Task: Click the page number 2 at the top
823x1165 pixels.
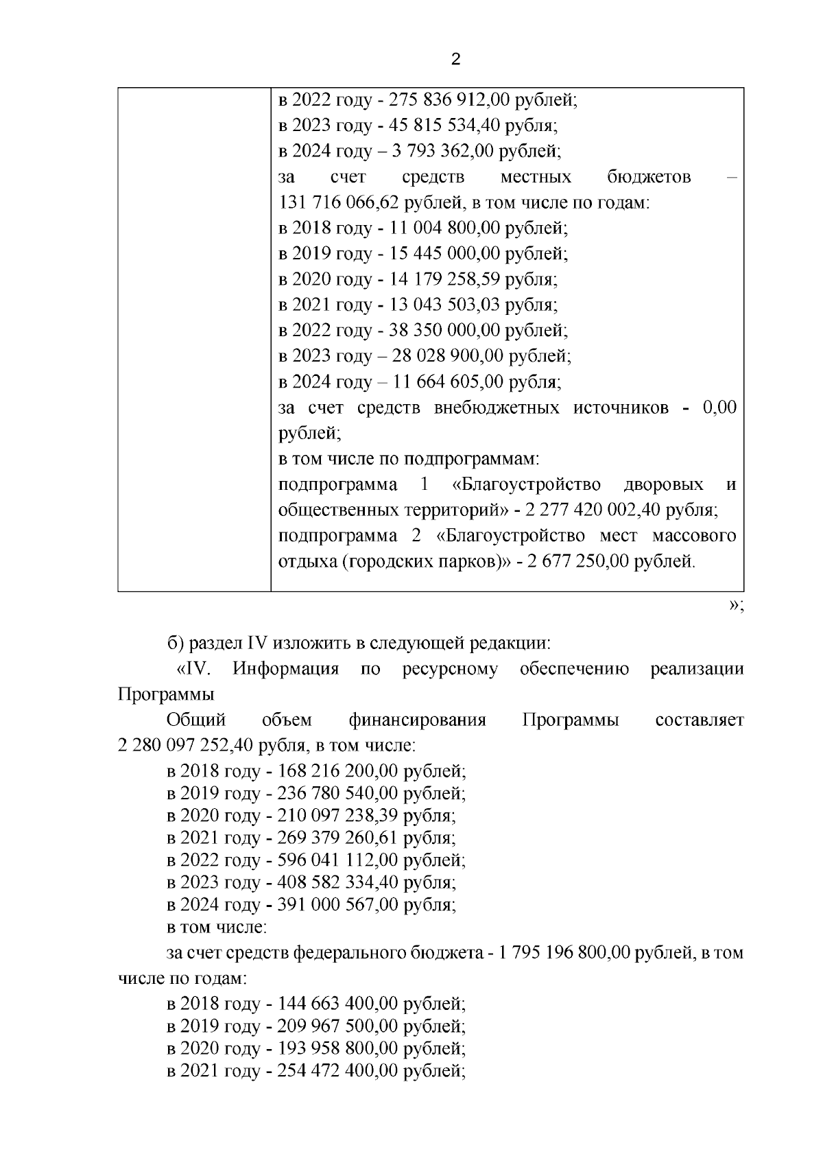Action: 456,60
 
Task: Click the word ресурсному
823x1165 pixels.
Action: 450,669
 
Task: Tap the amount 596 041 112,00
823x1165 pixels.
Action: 337,860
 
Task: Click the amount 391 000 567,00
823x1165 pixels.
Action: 337,905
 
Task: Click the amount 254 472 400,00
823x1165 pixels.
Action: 337,1071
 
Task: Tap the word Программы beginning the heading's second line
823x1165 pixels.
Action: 165,694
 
